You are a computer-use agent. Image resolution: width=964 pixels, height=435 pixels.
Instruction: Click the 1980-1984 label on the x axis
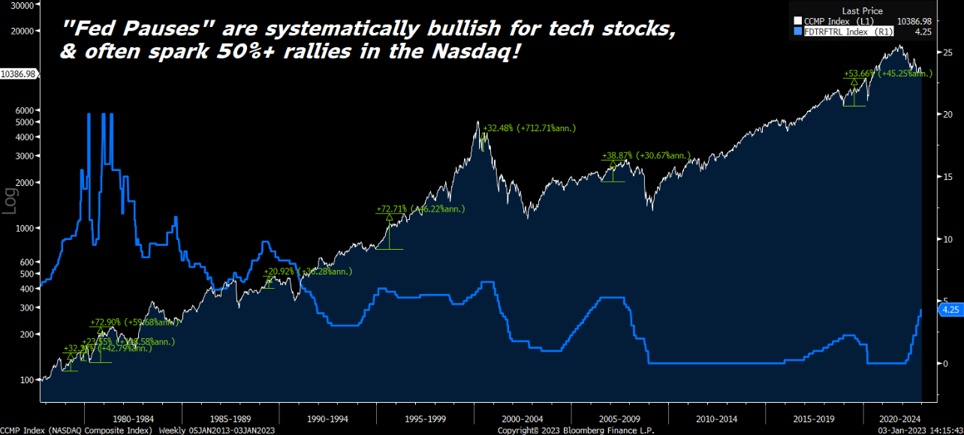pos(132,418)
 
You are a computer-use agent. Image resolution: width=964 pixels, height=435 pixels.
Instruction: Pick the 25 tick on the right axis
pos(947,52)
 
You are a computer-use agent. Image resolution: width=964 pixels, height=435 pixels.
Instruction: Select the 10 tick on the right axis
pos(947,238)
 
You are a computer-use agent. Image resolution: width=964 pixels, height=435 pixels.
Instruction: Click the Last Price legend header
pos(862,11)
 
